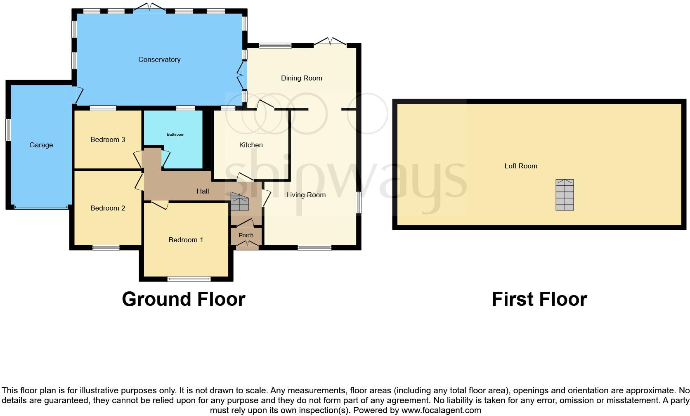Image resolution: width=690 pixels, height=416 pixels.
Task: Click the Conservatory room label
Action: click(x=159, y=59)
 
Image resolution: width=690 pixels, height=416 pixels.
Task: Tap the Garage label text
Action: click(x=41, y=145)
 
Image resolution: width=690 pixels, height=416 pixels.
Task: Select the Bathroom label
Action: click(x=175, y=135)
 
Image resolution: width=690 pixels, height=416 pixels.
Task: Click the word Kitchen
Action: click(x=251, y=145)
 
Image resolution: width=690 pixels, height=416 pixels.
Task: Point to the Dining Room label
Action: click(x=301, y=78)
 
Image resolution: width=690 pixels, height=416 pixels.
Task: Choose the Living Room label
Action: click(x=306, y=195)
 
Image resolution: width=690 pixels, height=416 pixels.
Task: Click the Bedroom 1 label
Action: click(x=186, y=240)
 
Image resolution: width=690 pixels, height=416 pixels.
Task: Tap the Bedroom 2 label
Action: click(x=108, y=208)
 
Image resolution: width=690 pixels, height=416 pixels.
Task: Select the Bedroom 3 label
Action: click(x=108, y=139)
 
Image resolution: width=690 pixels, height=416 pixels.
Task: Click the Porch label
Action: click(x=246, y=235)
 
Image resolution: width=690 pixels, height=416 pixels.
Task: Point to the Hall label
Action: click(x=203, y=191)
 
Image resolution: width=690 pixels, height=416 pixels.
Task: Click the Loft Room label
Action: click(x=521, y=166)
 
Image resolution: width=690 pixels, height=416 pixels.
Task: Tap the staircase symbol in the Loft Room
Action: click(x=565, y=195)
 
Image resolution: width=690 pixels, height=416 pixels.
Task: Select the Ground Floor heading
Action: click(x=184, y=299)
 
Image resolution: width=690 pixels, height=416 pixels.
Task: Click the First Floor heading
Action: click(x=539, y=299)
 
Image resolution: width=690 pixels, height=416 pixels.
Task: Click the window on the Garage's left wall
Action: click(x=8, y=130)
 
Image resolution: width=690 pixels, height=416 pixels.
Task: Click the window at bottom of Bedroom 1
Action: click(x=189, y=279)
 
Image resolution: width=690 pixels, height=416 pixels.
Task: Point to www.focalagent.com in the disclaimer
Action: click(x=441, y=410)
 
